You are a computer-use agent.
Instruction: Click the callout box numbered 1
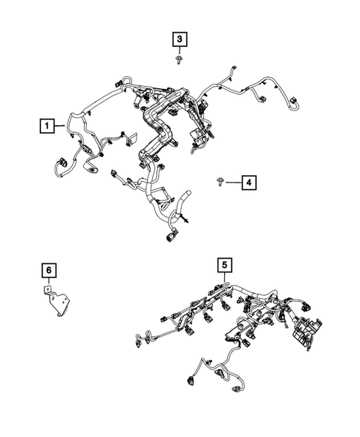point(48,127)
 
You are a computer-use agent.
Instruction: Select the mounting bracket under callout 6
point(56,305)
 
